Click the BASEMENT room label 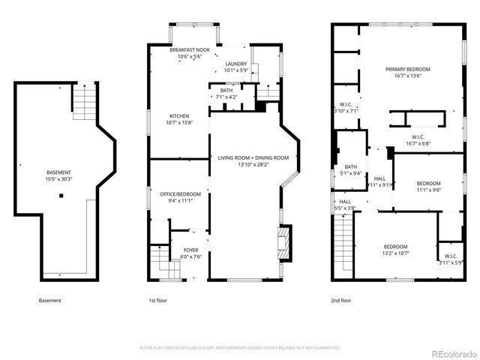[58, 172]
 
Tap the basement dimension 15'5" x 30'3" [58, 178]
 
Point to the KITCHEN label [178, 115]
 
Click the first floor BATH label [226, 91]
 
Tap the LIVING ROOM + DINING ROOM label [253, 157]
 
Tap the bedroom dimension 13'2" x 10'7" [395, 253]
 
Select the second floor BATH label [350, 166]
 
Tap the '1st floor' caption [157, 301]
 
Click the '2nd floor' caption [341, 301]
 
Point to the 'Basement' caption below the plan [49, 301]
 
